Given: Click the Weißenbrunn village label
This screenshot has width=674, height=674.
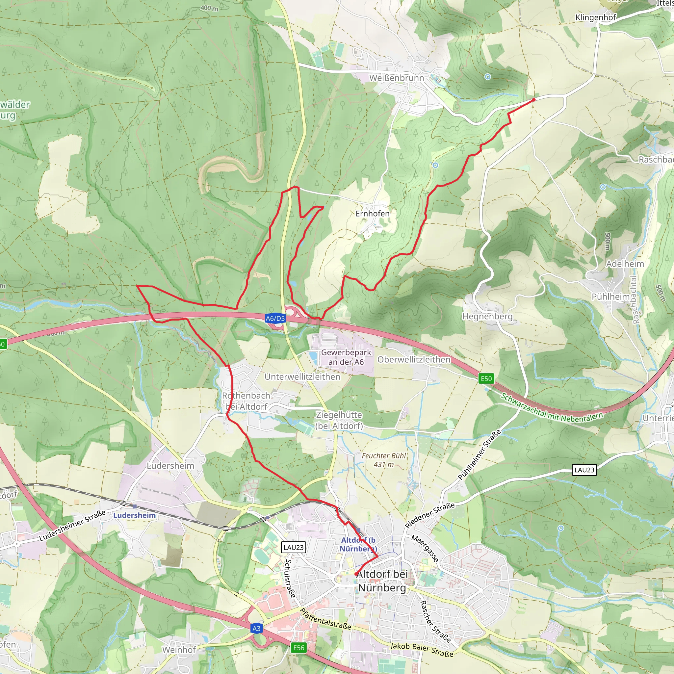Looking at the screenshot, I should (397, 78).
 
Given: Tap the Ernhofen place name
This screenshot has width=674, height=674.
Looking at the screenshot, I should (373, 214).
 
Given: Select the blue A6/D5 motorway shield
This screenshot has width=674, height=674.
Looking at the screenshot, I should (275, 318).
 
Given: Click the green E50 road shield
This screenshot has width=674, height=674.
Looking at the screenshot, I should (486, 378).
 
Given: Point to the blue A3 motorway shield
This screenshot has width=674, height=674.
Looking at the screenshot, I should (256, 628).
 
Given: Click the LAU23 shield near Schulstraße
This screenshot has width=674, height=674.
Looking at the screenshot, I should (293, 547).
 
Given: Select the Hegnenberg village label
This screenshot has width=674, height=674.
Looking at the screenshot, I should (487, 316).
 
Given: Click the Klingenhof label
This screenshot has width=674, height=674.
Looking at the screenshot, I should (595, 17).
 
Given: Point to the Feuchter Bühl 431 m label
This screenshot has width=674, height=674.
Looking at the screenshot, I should (384, 460).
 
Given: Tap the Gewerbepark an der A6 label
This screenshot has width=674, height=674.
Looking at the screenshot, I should (346, 357).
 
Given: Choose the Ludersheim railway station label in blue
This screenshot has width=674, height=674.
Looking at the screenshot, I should (135, 515).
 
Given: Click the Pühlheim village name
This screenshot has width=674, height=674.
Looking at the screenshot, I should (610, 297).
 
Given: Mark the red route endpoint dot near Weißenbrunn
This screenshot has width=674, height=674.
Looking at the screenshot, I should (534, 100).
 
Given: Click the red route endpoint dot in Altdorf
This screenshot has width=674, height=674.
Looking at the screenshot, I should (356, 574).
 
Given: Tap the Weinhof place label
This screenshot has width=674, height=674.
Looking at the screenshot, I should (179, 650).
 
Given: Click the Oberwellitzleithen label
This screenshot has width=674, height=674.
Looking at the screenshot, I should (414, 359).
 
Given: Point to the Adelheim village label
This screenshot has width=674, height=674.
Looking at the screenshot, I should (625, 264).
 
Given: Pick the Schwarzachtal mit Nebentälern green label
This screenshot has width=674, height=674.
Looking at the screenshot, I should (552, 408).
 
